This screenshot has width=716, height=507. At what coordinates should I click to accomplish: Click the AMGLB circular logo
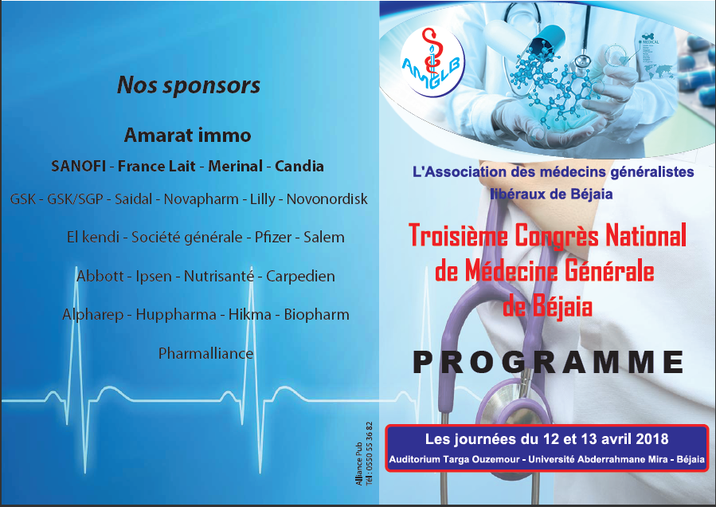432,61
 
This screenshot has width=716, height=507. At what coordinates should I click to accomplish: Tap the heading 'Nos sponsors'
189,85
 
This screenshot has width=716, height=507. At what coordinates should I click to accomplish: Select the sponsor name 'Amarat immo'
188,136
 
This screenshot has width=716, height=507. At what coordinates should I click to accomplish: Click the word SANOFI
79,166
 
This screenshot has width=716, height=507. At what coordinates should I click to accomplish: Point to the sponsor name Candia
299,166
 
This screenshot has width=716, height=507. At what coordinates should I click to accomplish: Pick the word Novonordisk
327,198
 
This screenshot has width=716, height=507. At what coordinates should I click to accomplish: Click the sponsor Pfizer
273,238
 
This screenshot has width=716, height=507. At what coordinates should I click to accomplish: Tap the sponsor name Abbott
100,276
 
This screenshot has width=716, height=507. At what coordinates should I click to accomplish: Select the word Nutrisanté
219,276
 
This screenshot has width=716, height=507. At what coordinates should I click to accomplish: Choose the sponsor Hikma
250,315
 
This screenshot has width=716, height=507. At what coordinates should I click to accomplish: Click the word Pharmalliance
206,353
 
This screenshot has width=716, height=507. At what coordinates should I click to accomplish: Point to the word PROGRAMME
548,362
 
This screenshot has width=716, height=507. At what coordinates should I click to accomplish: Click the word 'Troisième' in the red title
459,235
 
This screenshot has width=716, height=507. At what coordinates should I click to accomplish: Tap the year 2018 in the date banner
651,439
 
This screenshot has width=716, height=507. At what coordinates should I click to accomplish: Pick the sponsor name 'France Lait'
157,166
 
